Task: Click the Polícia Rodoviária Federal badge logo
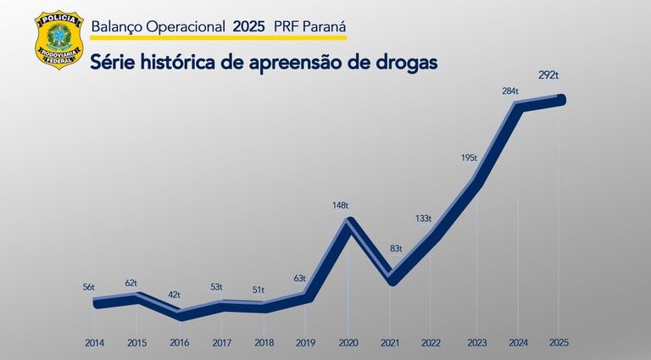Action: click(x=58, y=41)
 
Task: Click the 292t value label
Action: click(x=548, y=76)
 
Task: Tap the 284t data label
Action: click(x=510, y=91)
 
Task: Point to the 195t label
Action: click(x=469, y=158)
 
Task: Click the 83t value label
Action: click(x=396, y=248)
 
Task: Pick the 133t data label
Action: click(x=424, y=218)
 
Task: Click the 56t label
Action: click(x=88, y=288)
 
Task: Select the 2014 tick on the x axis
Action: click(x=95, y=343)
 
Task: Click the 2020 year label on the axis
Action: click(x=348, y=343)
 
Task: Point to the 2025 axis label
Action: click(x=559, y=343)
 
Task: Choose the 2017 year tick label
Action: click(x=221, y=343)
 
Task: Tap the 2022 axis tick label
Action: click(x=431, y=343)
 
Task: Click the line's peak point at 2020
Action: click(x=348, y=223)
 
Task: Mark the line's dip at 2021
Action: click(x=390, y=279)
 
